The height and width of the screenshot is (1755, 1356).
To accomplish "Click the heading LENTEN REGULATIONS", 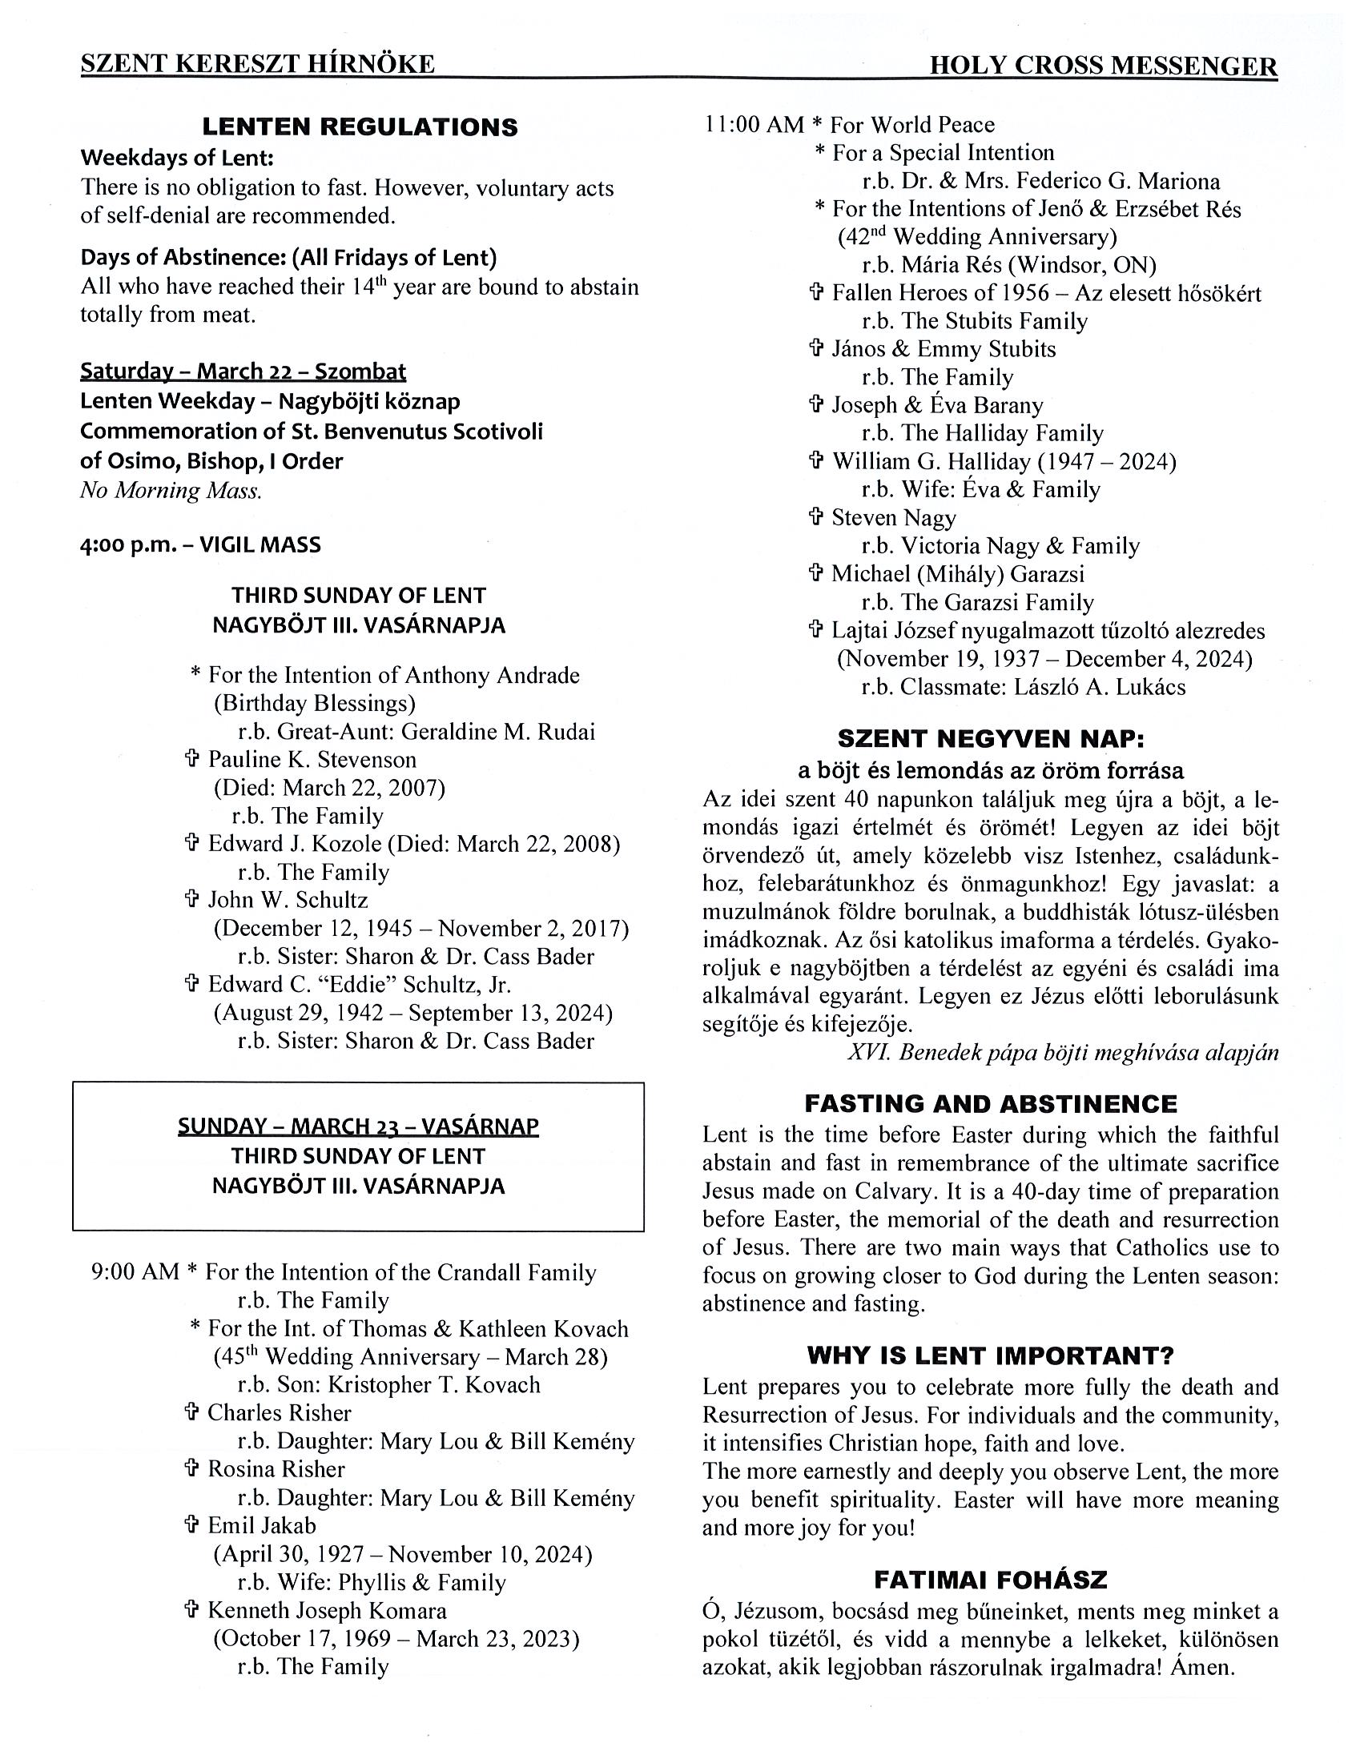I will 360,127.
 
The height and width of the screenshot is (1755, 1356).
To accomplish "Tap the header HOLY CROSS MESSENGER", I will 1103,65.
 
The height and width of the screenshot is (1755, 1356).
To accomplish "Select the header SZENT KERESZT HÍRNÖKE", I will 257,64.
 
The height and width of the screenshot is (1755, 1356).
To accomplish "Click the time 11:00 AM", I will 754,125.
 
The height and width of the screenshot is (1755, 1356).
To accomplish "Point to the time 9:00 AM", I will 135,1271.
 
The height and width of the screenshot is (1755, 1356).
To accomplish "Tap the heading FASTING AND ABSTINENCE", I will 990,1103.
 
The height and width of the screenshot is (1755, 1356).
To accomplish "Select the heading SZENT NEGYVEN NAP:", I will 990,738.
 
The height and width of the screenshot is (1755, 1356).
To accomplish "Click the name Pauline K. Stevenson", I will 312,759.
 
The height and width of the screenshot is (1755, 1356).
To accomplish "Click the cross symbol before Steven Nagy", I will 816,516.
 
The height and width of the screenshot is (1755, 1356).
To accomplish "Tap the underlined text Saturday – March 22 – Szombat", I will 243,371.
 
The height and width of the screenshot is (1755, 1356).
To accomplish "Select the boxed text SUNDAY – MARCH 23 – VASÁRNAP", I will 358,1126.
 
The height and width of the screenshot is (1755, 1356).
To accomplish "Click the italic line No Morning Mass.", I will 171,490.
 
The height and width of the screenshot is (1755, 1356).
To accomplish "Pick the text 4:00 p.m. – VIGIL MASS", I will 200,544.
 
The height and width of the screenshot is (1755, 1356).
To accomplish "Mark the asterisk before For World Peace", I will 817,126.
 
